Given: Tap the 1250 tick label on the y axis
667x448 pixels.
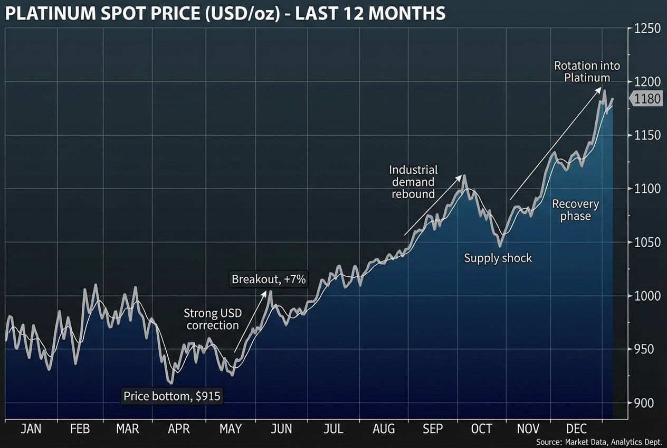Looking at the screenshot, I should [x=646, y=29].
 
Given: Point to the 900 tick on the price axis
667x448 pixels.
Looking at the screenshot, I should [x=644, y=403].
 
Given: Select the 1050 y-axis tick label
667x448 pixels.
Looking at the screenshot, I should [x=646, y=242].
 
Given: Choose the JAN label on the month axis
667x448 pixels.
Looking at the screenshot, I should [x=31, y=429].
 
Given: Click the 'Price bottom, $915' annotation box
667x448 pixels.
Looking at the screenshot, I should [x=172, y=396].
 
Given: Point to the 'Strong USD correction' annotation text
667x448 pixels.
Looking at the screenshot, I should [x=213, y=319].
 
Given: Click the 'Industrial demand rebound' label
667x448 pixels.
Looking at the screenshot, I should [x=413, y=182].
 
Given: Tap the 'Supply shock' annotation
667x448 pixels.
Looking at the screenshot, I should [x=498, y=258].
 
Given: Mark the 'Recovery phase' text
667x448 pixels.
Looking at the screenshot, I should [x=575, y=210].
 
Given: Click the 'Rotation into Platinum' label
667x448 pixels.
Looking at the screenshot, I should [x=587, y=72].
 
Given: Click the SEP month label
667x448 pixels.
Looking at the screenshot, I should [x=433, y=429].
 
